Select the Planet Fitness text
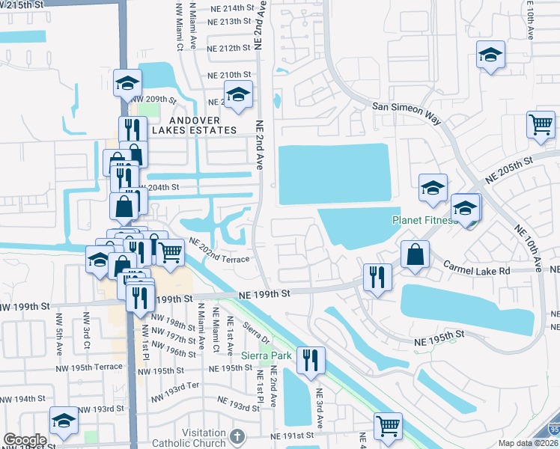(x=425, y=221)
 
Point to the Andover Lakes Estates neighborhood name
(x=195, y=125)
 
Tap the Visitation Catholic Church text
(x=188, y=438)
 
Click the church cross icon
(x=237, y=436)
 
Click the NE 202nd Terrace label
(x=220, y=251)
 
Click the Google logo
(x=25, y=440)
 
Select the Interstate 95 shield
(x=553, y=429)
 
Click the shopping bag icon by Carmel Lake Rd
(x=415, y=254)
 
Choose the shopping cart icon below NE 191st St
(x=387, y=427)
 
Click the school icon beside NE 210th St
(x=238, y=96)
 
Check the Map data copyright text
(x=529, y=443)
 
